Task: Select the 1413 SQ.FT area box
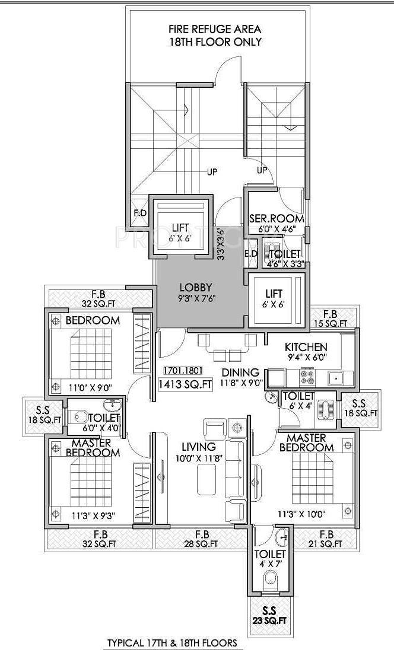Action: tap(185, 384)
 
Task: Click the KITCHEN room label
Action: tap(306, 347)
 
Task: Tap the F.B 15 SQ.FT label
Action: tap(331, 319)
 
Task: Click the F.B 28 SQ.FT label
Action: tap(201, 538)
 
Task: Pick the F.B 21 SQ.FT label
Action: tap(326, 538)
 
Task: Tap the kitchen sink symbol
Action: tap(336, 377)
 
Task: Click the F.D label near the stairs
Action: tap(140, 212)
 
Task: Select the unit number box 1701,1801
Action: tap(185, 370)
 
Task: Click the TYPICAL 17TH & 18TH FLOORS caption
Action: tap(171, 642)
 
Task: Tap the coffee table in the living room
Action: tap(207, 477)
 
